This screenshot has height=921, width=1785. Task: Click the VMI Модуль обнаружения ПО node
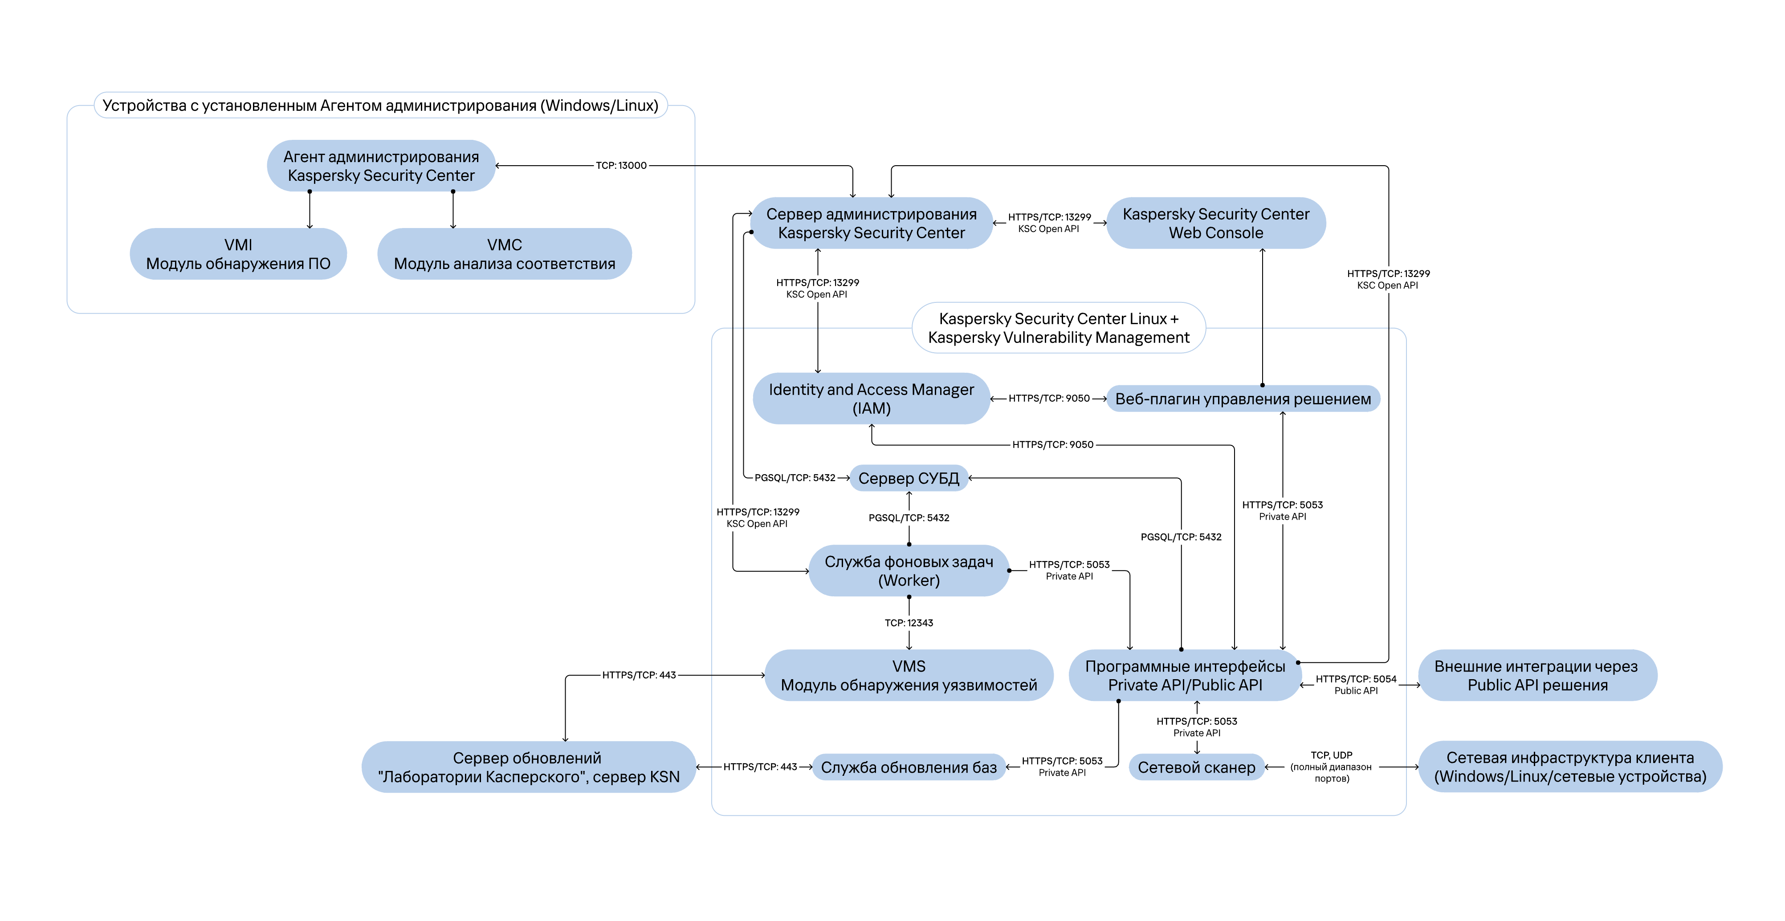tap(238, 254)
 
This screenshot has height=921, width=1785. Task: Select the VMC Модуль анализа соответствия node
tap(505, 254)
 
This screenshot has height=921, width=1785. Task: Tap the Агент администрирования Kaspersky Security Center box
tap(381, 166)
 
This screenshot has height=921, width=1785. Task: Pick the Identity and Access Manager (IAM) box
tap(871, 399)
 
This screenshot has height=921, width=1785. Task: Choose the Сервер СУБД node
tap(909, 478)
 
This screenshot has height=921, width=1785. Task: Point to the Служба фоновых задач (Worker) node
tap(909, 571)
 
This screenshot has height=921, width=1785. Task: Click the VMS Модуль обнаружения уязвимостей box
tap(909, 675)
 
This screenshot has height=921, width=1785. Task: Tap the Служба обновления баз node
tap(909, 767)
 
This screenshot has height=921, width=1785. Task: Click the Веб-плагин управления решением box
tap(1243, 399)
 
